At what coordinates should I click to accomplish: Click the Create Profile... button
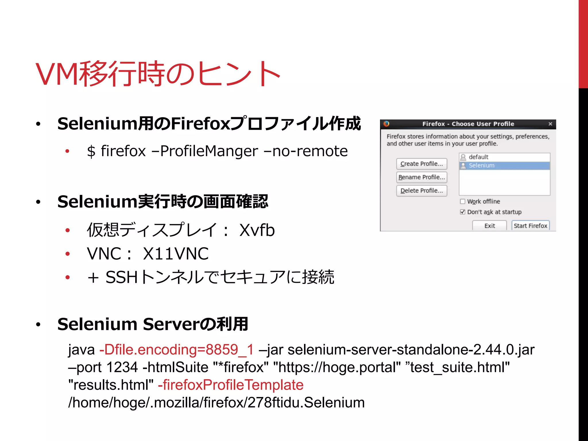pos(421,164)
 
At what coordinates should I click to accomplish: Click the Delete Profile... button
pos(421,191)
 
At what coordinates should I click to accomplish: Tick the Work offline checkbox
pos(463,202)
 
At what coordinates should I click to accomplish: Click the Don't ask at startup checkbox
pos(463,212)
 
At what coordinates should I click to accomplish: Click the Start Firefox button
pos(530,226)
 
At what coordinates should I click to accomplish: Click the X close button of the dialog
pos(550,124)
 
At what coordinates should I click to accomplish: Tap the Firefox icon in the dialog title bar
pos(386,124)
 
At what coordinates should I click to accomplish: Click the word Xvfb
pos(257,230)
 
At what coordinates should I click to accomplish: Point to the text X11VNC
pos(176,254)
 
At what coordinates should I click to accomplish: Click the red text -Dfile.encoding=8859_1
pos(177,350)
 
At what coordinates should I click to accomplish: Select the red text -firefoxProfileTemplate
pos(231,385)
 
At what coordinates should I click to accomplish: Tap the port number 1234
pos(122,367)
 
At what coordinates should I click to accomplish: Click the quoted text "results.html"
pos(111,385)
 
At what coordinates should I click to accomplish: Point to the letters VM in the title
pos(57,74)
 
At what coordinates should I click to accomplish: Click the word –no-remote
pos(305,151)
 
